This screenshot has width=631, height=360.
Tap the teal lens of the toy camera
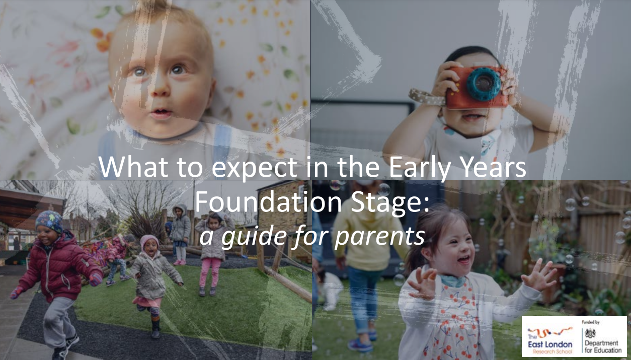pyautogui.click(x=484, y=84)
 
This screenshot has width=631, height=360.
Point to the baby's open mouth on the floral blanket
pyautogui.click(x=161, y=113)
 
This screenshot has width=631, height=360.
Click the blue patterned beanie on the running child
pyautogui.click(x=49, y=222)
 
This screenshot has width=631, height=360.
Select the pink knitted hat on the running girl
pyautogui.click(x=149, y=241)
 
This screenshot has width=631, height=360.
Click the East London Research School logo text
pyautogui.click(x=550, y=344)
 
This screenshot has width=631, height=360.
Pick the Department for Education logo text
pyautogui.click(x=603, y=346)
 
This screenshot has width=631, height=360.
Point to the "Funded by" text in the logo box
pyautogui.click(x=590, y=322)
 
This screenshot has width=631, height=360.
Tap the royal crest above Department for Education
pyautogui.click(x=590, y=333)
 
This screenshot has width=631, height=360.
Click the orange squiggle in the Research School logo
pyautogui.click(x=550, y=332)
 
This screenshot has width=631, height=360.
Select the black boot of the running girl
pyautogui.click(x=155, y=326)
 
